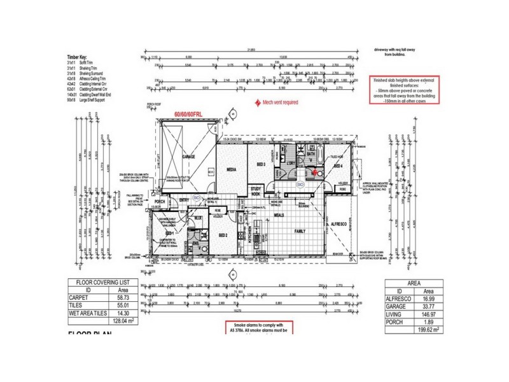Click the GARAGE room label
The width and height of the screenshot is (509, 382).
[x=188, y=156]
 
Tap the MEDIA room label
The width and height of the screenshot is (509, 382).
[x=232, y=170]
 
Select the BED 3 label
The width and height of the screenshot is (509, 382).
[x=261, y=164]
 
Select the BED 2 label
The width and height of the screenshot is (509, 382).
[x=223, y=236]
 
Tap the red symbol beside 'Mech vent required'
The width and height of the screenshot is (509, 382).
[x=256, y=102]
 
